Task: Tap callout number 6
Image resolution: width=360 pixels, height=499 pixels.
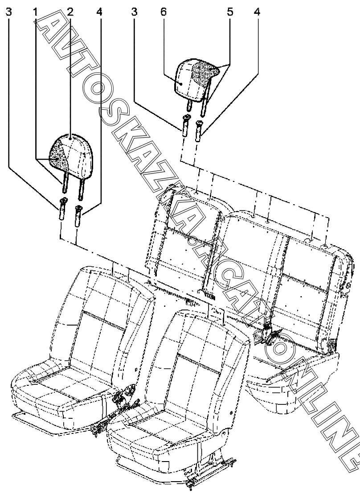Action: [163, 12]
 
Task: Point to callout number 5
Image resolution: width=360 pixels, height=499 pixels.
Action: [230, 12]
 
